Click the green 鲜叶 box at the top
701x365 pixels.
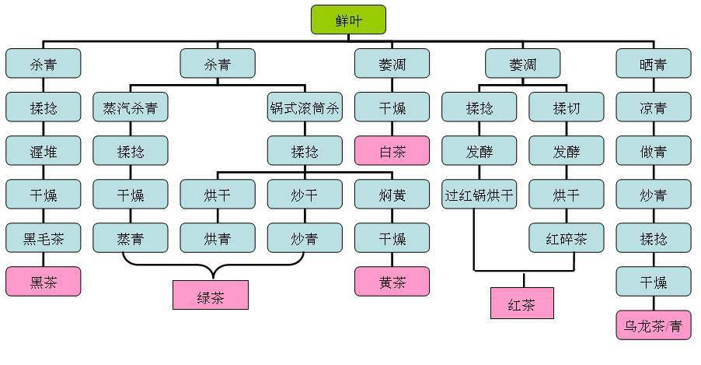348,19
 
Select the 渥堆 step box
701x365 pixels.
43,150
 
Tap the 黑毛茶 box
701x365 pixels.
43,237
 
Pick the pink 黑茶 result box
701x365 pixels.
43,281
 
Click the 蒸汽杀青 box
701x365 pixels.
130,107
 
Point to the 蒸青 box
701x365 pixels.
130,237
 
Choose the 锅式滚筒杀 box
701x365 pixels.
305,107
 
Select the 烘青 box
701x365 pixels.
218,237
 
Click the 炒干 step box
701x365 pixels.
305,194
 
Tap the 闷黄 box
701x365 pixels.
392,194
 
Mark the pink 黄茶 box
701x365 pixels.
392,281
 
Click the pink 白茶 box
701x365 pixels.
392,150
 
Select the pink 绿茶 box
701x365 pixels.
211,296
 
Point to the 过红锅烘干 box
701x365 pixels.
479,194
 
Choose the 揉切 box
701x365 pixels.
566,107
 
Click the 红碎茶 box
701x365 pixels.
566,237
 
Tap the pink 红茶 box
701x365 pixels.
522,304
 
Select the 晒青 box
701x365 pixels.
653,63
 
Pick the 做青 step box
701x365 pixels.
653,150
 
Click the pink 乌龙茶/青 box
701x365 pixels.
653,325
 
